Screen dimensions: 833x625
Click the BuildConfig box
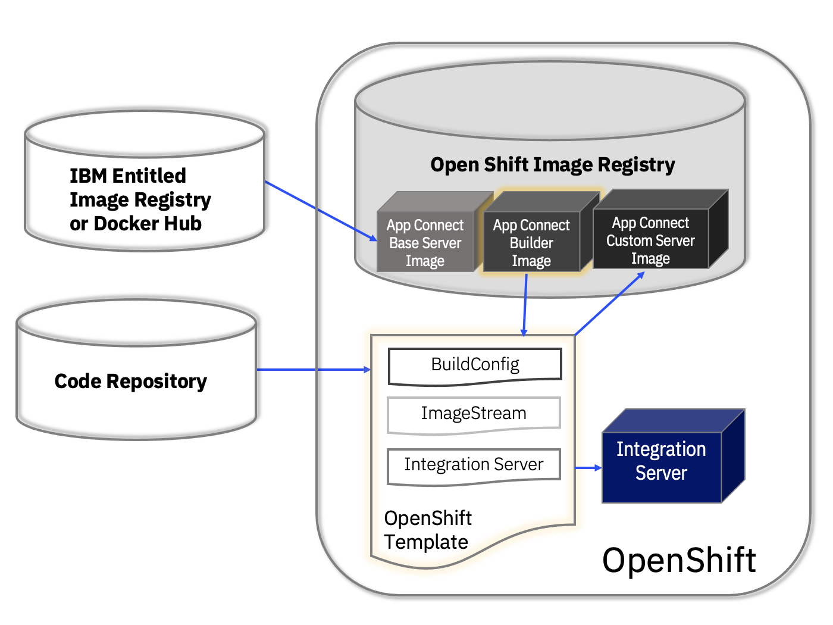pyautogui.click(x=475, y=367)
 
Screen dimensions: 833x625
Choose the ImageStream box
pyautogui.click(x=474, y=415)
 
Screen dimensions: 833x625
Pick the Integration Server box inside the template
pyautogui.click(x=474, y=467)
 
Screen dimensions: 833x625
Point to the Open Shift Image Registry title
pyautogui.click(x=553, y=165)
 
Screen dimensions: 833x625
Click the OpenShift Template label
pyautogui.click(x=428, y=530)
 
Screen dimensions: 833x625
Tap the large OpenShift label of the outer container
pyautogui.click(x=679, y=560)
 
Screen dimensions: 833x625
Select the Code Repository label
pyautogui.click(x=130, y=382)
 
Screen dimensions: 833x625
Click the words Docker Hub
pyautogui.click(x=148, y=223)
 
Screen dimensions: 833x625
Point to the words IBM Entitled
pyautogui.click(x=128, y=176)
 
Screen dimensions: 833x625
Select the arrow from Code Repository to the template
pyautogui.click(x=314, y=369)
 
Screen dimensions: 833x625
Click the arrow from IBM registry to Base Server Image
pyautogui.click(x=321, y=211)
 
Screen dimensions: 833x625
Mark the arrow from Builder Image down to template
pyautogui.click(x=525, y=305)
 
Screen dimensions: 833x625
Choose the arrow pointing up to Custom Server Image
pyautogui.click(x=610, y=303)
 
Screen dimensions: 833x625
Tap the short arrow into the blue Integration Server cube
pyautogui.click(x=588, y=468)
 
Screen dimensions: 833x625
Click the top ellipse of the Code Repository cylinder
pyautogui.click(x=136, y=323)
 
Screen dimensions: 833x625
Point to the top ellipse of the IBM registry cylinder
pyautogui.click(x=145, y=134)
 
